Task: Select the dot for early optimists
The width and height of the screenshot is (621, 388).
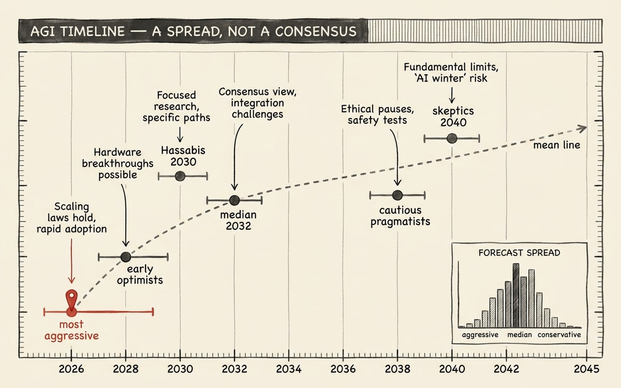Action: (126, 257)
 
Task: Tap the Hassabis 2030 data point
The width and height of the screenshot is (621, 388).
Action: (180, 176)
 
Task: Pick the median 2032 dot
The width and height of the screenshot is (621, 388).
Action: (234, 200)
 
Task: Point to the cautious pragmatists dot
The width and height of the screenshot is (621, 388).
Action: (397, 195)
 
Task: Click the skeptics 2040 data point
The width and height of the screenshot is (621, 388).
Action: (452, 138)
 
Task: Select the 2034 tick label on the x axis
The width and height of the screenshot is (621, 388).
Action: (289, 369)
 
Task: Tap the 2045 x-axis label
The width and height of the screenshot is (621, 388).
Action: (586, 369)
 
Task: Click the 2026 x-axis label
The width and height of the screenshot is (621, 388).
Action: (71, 369)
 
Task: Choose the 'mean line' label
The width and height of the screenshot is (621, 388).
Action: (557, 145)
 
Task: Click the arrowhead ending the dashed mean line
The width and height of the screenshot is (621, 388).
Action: (582, 128)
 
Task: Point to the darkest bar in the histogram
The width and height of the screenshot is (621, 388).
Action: (516, 296)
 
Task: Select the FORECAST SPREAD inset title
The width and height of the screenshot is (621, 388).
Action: (519, 253)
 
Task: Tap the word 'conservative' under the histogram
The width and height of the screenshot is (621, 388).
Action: (559, 335)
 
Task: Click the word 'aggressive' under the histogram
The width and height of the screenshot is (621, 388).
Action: (480, 335)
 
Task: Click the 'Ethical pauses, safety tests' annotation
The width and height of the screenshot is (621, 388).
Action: (377, 114)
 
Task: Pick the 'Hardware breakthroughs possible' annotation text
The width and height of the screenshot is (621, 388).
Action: (117, 163)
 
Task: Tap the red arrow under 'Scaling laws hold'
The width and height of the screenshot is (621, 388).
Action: (71, 261)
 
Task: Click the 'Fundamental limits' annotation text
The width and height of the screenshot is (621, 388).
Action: (451, 72)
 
